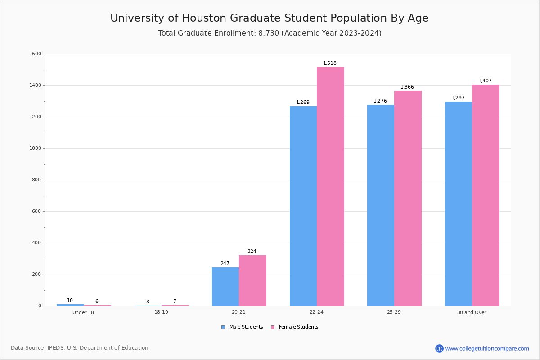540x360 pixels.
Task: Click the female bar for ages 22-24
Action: click(x=330, y=187)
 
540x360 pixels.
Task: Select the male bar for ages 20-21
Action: click(x=225, y=287)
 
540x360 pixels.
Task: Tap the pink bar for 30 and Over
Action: click(x=486, y=195)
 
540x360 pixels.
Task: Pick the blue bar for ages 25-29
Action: click(x=381, y=206)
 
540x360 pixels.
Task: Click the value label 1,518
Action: click(x=330, y=63)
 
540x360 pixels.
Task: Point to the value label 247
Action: click(x=225, y=264)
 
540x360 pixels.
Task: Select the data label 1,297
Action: click(x=458, y=98)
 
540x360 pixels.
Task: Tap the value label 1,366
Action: click(x=407, y=87)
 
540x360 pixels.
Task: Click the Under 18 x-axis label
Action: click(x=83, y=312)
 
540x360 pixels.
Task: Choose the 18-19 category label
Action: click(x=161, y=312)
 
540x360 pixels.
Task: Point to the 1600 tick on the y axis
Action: click(x=36, y=54)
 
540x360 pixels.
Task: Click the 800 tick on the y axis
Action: click(x=37, y=180)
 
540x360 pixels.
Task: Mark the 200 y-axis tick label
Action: click(x=37, y=274)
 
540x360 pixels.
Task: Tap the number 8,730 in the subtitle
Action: click(x=269, y=33)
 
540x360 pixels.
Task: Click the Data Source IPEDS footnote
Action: click(x=80, y=348)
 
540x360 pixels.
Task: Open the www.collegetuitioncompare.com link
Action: click(x=487, y=348)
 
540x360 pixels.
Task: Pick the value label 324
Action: click(x=252, y=252)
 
